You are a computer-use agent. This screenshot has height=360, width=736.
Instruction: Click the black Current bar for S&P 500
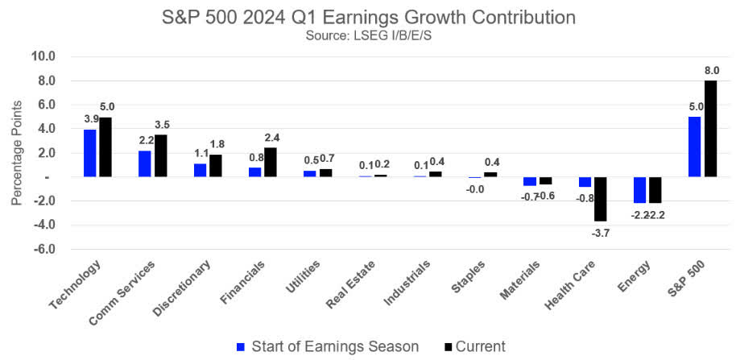710,128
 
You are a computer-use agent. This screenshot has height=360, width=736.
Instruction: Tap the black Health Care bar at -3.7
601,199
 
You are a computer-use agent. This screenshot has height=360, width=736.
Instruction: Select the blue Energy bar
639,190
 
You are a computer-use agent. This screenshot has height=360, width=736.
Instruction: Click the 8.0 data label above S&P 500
711,71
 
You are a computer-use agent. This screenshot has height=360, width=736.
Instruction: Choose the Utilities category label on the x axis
304,277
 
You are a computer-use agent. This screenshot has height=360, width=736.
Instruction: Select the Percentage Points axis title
16,152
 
